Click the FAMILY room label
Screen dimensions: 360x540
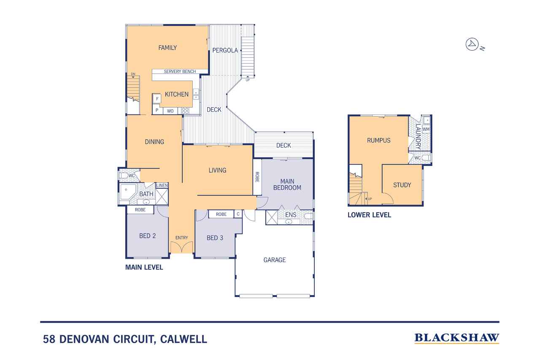[167, 48]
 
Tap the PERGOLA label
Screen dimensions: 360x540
[225, 50]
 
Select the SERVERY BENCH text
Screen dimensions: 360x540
[180, 72]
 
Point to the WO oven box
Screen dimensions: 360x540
[170, 111]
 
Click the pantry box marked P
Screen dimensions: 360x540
[157, 111]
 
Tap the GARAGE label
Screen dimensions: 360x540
[275, 260]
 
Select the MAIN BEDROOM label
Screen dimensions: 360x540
[287, 184]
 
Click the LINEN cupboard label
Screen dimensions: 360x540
[162, 186]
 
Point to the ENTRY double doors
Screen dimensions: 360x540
[182, 247]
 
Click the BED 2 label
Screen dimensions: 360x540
[148, 235]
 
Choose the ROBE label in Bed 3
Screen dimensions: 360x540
[221, 214]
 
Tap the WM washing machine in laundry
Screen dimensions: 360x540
[426, 129]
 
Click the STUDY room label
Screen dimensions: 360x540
[402, 185]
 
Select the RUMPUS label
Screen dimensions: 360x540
[378, 141]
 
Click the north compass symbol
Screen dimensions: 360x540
[471, 44]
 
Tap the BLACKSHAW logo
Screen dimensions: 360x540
[457, 338]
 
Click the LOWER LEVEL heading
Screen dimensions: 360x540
[369, 215]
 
